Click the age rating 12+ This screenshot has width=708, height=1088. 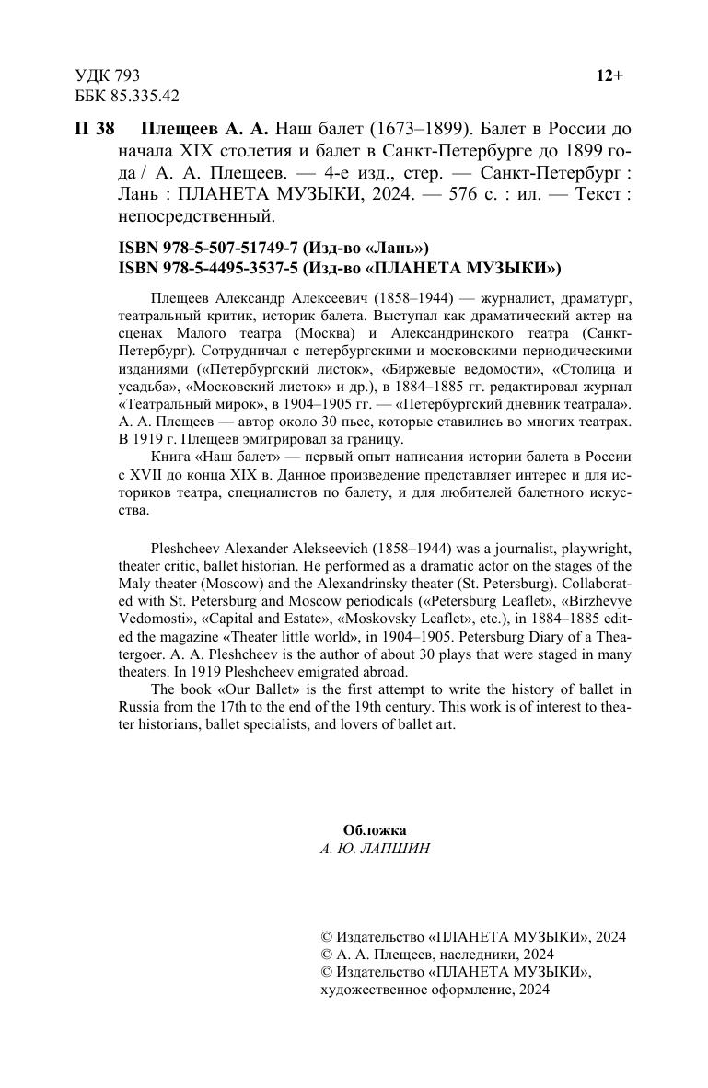click(x=609, y=76)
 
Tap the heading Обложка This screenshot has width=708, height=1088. click(x=375, y=829)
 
